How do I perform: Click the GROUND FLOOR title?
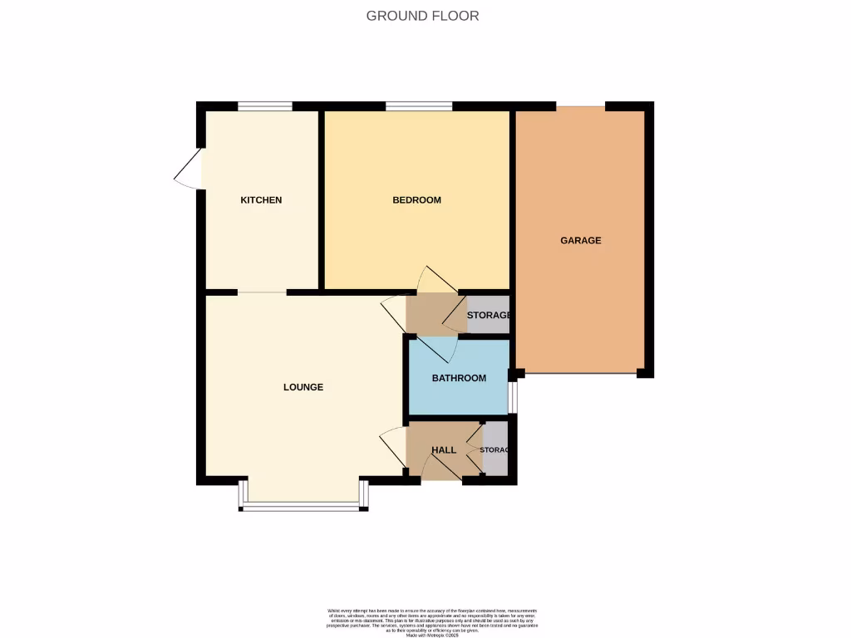pos(422,16)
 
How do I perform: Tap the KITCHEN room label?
pos(261,200)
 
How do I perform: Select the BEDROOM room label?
pos(416,200)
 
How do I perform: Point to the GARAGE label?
pos(580,241)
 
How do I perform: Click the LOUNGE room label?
pos(303,387)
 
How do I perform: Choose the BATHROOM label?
pos(459,379)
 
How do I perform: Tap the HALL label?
pos(444,450)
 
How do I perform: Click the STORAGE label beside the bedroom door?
pos(488,316)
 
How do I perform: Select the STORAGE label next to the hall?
pos(495,450)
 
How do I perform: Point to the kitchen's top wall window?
pos(264,106)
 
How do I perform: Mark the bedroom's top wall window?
pos(419,106)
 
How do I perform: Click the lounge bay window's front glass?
pos(303,506)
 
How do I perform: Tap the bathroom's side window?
pos(513,397)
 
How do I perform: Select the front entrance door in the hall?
pos(440,469)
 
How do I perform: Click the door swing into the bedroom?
pos(435,280)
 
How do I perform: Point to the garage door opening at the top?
pos(580,106)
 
